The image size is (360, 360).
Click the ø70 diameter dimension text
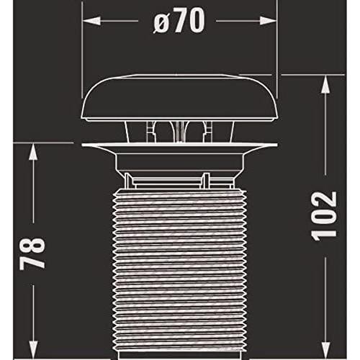[x=179, y=21]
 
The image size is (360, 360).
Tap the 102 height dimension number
[x=324, y=216]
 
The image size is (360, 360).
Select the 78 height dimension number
[x=32, y=253]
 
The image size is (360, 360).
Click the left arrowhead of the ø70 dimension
[x=91, y=21]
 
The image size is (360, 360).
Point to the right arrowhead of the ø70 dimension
[x=268, y=21]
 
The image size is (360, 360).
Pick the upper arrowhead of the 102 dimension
[x=325, y=84]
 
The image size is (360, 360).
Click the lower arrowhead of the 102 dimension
[x=325, y=350]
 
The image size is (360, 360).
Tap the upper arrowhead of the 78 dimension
[x=33, y=152]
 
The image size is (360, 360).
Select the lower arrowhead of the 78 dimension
[x=33, y=350]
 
